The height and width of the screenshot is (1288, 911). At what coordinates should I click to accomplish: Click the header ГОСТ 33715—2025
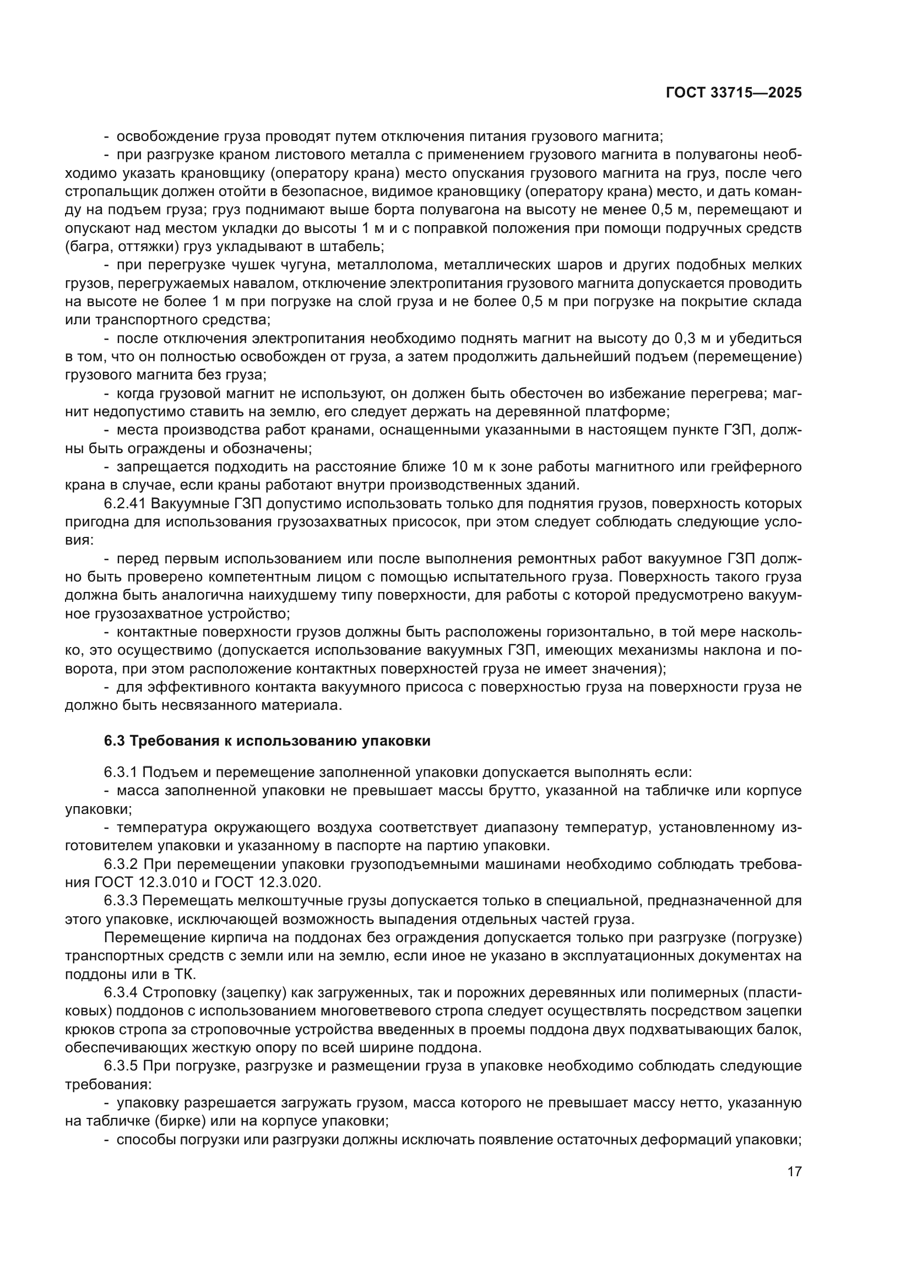pyautogui.click(x=734, y=93)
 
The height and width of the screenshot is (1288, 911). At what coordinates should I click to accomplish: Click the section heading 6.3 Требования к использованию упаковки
pyautogui.click(x=267, y=741)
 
